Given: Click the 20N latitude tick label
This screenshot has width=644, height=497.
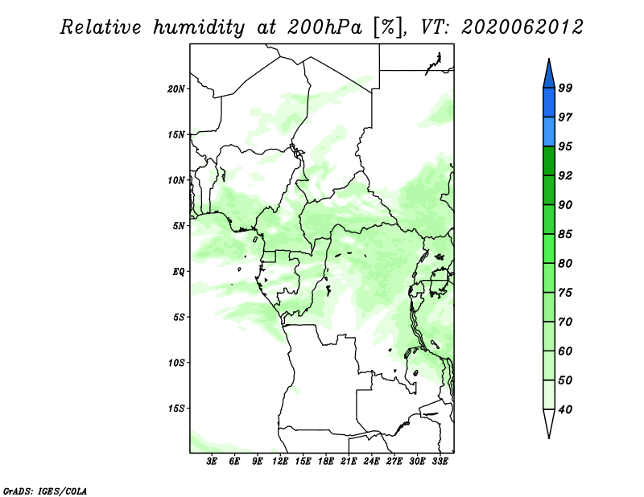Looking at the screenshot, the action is tap(176, 89).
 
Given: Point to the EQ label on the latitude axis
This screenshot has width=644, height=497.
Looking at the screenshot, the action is tap(179, 272).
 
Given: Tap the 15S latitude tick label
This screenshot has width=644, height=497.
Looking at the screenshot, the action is tap(176, 409).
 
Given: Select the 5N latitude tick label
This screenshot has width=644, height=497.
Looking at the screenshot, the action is tap(179, 226).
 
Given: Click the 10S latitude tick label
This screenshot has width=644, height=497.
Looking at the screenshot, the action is tap(176, 363).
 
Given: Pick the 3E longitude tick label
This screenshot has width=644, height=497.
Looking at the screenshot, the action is tap(212, 461).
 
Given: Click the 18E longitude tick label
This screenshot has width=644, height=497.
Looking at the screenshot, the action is tap(326, 461).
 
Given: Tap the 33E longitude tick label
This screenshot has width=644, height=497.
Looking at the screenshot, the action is tap(440, 461).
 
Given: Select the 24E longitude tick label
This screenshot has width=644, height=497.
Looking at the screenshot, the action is tap(371, 461).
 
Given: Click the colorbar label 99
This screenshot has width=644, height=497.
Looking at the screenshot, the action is tap(566, 88).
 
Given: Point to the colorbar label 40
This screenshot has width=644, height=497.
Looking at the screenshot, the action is tap(566, 409).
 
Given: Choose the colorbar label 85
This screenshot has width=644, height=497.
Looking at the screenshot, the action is tap(566, 234).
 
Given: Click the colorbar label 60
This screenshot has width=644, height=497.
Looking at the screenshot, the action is tap(566, 351).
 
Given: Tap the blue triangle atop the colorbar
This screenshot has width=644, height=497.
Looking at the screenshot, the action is tap(549, 76).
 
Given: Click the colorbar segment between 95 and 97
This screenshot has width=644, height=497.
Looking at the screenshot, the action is tap(549, 132).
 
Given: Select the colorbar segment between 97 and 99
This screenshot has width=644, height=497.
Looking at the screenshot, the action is tap(549, 103).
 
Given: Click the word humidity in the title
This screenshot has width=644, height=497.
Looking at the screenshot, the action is tap(199, 27).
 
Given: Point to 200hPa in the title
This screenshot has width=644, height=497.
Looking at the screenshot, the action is tap(324, 27).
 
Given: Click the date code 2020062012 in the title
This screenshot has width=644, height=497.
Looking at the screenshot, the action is tap(522, 27).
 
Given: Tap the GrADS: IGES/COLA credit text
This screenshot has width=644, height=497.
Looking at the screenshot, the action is tap(45, 491).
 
